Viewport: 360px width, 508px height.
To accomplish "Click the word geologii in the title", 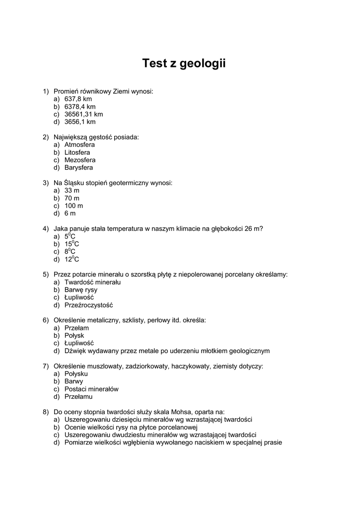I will (x=203, y=64).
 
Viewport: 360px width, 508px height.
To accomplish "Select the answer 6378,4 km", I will (x=80, y=107).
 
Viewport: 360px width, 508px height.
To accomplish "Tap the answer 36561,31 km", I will (x=83, y=114).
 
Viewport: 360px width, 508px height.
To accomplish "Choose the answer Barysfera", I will (x=78, y=168).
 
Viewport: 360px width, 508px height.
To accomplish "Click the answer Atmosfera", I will (x=79, y=145).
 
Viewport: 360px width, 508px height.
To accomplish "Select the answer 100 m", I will (x=73, y=206).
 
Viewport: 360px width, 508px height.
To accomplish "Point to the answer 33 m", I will (x=72, y=190).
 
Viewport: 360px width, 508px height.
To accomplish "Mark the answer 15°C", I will (x=72, y=244).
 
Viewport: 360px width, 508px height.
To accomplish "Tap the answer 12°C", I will (x=72, y=259).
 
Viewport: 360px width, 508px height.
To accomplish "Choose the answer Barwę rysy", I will (x=81, y=290).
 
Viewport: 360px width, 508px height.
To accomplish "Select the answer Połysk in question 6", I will (x=74, y=336).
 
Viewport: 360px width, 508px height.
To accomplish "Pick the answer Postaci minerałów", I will (x=91, y=389).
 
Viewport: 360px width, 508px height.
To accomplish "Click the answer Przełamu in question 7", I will (x=78, y=397).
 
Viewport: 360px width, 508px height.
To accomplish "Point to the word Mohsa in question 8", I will (x=182, y=412).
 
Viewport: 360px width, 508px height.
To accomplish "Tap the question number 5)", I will (x=46, y=274).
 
